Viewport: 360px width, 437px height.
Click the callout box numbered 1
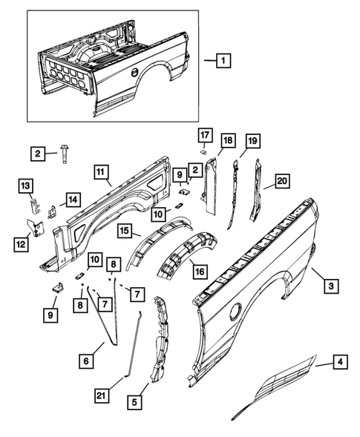(x=223, y=60)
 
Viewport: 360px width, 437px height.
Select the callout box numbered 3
(x=331, y=286)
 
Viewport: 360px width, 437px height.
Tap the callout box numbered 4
(x=340, y=361)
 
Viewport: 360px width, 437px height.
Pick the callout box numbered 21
(x=102, y=395)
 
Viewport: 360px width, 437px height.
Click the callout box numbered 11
(x=101, y=172)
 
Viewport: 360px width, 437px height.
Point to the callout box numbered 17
(x=205, y=135)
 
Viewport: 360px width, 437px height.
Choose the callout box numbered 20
(x=283, y=181)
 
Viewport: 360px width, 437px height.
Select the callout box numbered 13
(x=26, y=185)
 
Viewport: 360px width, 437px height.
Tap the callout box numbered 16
(x=200, y=271)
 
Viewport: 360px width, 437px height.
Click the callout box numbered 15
(x=125, y=230)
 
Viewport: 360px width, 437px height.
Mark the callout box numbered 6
(x=86, y=361)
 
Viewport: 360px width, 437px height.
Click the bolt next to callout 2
(x=65, y=154)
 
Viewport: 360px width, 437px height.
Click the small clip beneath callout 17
(x=203, y=151)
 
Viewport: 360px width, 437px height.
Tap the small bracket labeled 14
(x=51, y=211)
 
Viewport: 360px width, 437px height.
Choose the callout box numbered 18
(x=228, y=140)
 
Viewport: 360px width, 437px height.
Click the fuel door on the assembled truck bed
(x=134, y=72)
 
